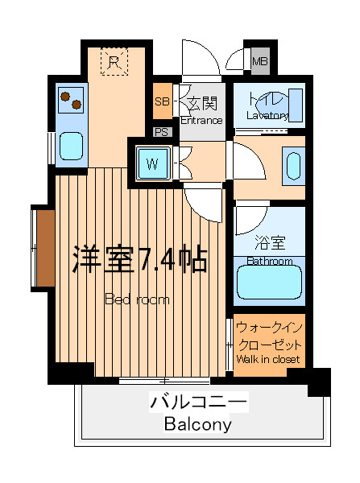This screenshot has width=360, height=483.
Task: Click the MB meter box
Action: pyautogui.click(x=260, y=61)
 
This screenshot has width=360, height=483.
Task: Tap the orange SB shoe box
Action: pyautogui.click(x=163, y=101)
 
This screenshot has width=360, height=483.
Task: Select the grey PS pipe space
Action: pyautogui.click(x=162, y=132)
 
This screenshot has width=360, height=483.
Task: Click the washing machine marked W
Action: pyautogui.click(x=153, y=163)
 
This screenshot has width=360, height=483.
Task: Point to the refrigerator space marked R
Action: pyautogui.click(x=114, y=62)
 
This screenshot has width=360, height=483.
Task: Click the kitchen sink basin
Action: pyautogui.click(x=71, y=146)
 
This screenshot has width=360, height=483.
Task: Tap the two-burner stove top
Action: pyautogui.click(x=71, y=100)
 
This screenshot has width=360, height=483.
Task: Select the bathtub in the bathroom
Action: pyautogui.click(x=269, y=283)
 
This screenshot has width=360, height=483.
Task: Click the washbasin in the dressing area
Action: pyautogui.click(x=293, y=167)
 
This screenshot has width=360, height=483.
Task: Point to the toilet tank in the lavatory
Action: pyautogui.click(x=296, y=105)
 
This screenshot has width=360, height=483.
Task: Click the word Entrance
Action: pyautogui.click(x=201, y=121)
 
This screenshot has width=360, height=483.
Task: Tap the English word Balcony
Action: pyautogui.click(x=198, y=425)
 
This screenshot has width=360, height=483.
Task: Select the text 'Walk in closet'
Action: pyautogui.click(x=268, y=359)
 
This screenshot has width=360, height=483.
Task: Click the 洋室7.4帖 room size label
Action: pyautogui.click(x=139, y=259)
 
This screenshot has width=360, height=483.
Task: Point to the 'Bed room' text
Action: pyautogui.click(x=137, y=299)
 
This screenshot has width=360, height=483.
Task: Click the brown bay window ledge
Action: pyautogui.click(x=46, y=248)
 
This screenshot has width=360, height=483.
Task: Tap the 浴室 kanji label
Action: pyautogui.click(x=270, y=243)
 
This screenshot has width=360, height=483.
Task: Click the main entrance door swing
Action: pyautogui.click(x=201, y=58)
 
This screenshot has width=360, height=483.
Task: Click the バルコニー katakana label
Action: pyautogui.click(x=199, y=402)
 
